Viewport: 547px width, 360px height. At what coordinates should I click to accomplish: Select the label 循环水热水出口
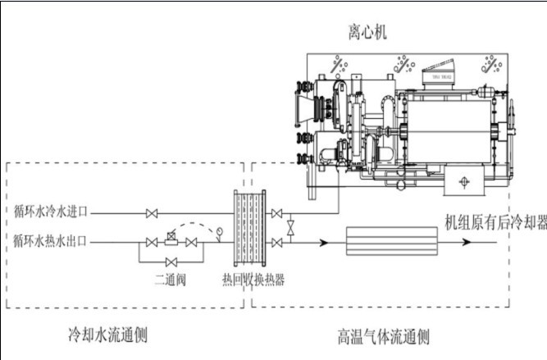click(x=50, y=241)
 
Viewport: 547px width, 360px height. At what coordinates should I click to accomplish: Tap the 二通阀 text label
click(x=171, y=280)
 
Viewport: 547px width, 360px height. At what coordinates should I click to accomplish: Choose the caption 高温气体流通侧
click(x=384, y=336)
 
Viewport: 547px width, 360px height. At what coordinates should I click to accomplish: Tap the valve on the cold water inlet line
click(x=151, y=214)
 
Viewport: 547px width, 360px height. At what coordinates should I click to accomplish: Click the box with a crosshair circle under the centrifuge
click(x=463, y=181)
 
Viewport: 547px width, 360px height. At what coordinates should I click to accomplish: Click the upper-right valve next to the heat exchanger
click(x=278, y=214)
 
